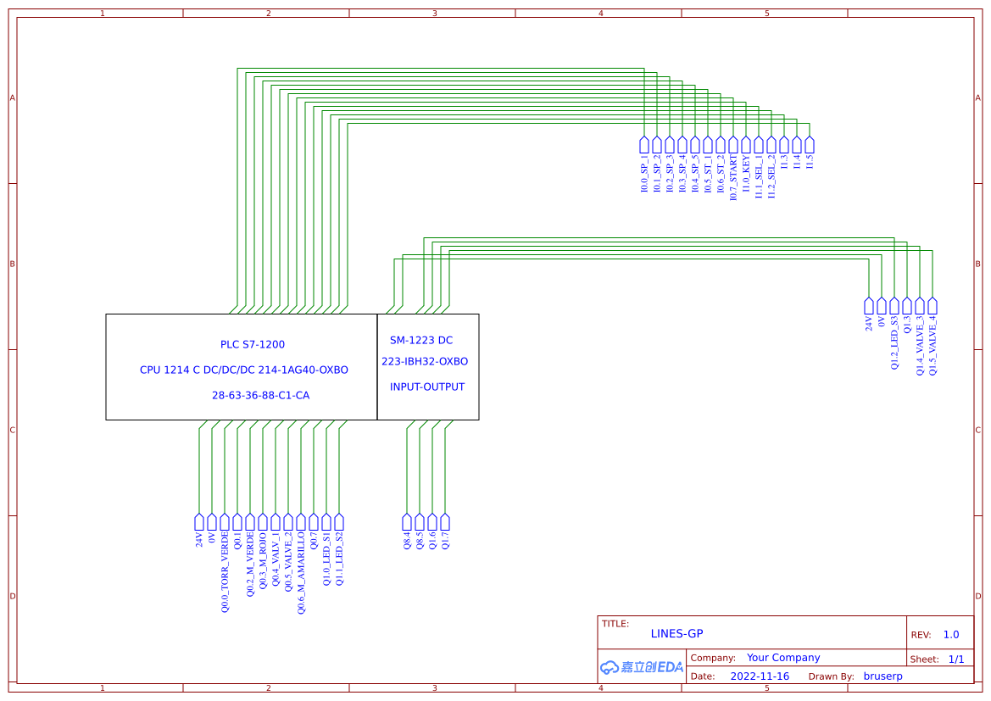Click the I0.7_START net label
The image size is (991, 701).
tap(733, 178)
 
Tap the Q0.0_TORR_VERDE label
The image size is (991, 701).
tap(225, 572)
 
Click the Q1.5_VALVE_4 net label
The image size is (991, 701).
tap(933, 346)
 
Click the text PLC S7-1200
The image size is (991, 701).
tap(253, 345)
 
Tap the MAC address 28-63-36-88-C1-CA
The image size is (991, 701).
tap(260, 396)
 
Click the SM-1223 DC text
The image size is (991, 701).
tap(421, 341)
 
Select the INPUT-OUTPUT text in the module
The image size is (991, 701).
tap(427, 387)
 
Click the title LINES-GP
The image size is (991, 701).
tap(676, 634)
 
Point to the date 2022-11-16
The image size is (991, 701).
tap(760, 676)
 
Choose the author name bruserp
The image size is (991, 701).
tap(882, 676)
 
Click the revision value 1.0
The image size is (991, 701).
tap(951, 635)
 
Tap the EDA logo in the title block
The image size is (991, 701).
tap(642, 667)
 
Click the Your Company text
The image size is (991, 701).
tap(783, 658)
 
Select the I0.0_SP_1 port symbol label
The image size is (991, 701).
tap(644, 174)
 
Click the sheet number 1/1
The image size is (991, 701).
tap(956, 659)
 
